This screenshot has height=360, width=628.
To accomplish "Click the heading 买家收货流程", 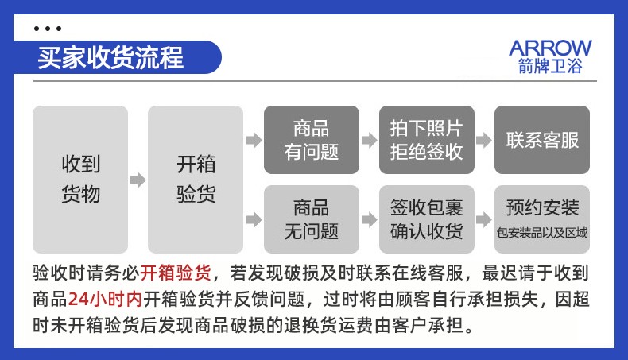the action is [110, 58].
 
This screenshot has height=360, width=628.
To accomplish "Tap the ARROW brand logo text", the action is [550, 48].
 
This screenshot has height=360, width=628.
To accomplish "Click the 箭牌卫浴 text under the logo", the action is [550, 66].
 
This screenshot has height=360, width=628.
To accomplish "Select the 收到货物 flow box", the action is [80, 180].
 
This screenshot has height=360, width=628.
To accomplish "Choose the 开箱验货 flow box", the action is [196, 180].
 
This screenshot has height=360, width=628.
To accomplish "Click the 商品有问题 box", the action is [311, 140].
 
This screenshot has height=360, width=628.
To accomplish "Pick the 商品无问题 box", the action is [311, 219].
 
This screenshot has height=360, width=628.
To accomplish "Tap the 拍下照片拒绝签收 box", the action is [427, 140].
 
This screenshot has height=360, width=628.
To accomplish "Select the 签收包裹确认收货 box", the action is [427, 219].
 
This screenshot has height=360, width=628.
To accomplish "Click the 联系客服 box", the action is [542, 140].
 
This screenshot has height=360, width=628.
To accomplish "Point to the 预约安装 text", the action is [542, 207].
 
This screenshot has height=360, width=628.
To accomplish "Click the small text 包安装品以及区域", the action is [542, 232].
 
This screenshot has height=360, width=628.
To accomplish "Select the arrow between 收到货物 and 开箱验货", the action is [138, 180].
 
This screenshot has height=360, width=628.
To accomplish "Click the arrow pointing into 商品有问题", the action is [254, 140].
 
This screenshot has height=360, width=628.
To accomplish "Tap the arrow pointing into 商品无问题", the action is [254, 219].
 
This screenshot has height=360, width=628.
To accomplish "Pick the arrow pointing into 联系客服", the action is [484, 140].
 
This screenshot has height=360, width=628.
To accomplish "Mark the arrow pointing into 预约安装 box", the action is [484, 219].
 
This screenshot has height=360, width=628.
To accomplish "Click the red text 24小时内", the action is [106, 299].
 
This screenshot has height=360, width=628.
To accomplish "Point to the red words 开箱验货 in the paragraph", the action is [176, 273].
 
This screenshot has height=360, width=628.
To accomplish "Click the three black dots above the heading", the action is [48, 29].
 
